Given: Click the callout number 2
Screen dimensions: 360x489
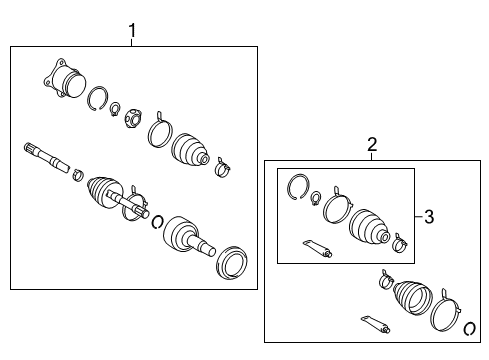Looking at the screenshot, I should [372, 145].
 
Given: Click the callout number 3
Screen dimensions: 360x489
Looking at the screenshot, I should [428, 216].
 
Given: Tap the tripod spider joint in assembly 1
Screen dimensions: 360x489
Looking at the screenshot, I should [131, 122].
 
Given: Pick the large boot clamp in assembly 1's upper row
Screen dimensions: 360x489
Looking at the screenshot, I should [159, 134].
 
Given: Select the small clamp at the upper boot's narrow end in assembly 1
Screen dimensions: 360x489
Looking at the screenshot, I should [223, 166].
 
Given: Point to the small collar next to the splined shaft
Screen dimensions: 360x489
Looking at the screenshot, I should [76, 177].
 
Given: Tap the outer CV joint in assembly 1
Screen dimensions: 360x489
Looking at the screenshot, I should [187, 237].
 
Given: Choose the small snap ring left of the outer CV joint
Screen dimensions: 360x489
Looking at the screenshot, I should [156, 220].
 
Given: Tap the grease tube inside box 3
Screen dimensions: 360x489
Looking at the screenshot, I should [313, 247].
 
